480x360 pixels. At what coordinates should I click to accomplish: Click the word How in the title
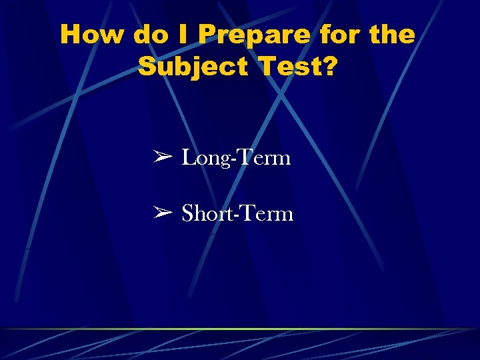click(92, 34)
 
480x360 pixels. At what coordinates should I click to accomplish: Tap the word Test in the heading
click(287, 66)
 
